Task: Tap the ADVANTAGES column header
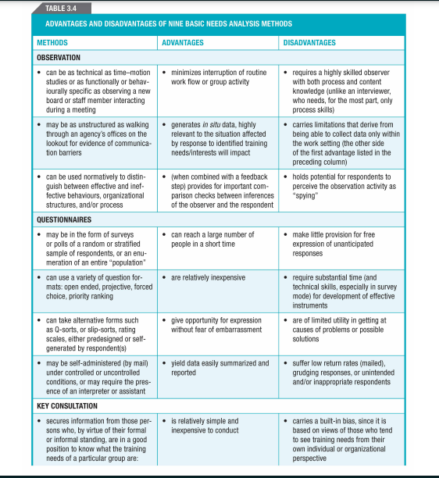coord(182,42)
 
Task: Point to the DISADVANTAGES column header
coord(310,42)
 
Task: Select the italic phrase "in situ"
coord(213,124)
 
